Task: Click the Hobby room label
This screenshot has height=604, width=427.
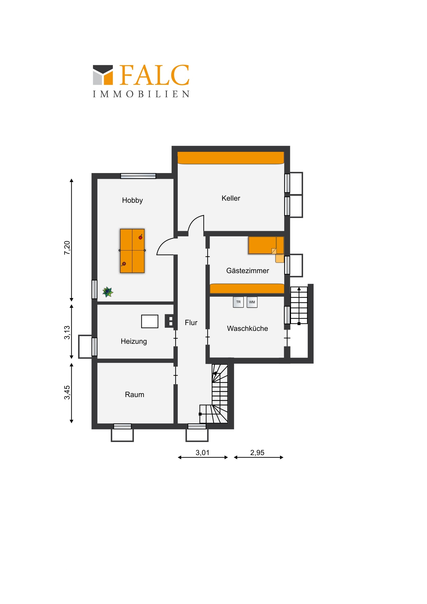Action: pyautogui.click(x=132, y=200)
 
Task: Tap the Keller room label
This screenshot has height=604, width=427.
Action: pyautogui.click(x=231, y=198)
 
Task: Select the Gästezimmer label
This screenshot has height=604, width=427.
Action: pyautogui.click(x=248, y=270)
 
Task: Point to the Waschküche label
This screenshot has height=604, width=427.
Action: pyautogui.click(x=247, y=328)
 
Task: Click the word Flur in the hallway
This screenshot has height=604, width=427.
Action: pyautogui.click(x=191, y=322)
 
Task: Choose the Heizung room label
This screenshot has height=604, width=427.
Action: pyautogui.click(x=134, y=341)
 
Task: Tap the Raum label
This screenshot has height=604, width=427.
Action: pyautogui.click(x=134, y=395)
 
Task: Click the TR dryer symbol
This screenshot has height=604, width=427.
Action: pyautogui.click(x=238, y=302)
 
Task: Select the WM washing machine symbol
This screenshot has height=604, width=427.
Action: pyautogui.click(x=252, y=302)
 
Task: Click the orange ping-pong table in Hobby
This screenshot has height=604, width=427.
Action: pyautogui.click(x=132, y=251)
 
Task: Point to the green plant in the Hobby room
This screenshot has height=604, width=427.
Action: pyautogui.click(x=108, y=292)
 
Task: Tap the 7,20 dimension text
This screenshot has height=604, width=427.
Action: pyautogui.click(x=67, y=248)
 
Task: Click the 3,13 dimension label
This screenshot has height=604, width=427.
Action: pyautogui.click(x=67, y=332)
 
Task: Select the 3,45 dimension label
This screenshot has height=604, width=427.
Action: pyautogui.click(x=67, y=393)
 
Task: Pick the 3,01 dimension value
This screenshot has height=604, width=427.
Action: pyautogui.click(x=202, y=452)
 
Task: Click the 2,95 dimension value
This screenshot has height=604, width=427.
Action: pyautogui.click(x=257, y=452)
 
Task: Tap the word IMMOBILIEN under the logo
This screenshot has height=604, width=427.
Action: pyautogui.click(x=141, y=94)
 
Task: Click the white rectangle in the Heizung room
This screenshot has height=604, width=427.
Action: pyautogui.click(x=150, y=321)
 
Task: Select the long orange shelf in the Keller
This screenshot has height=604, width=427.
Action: pyautogui.click(x=231, y=158)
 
